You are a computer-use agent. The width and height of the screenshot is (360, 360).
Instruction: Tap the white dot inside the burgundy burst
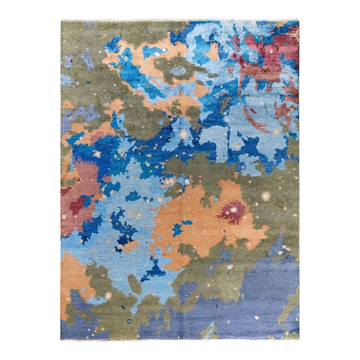(x=234, y=208)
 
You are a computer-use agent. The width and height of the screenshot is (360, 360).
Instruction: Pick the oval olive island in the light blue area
(x=134, y=283)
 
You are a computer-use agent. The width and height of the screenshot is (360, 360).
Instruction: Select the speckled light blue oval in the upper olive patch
(x=179, y=71)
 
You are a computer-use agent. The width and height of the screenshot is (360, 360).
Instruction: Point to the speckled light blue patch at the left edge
(x=67, y=80)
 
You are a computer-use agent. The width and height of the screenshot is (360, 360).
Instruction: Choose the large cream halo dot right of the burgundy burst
(x=265, y=196)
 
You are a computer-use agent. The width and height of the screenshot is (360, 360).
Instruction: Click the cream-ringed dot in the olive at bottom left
(x=108, y=296)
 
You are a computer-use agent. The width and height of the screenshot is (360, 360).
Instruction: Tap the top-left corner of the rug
(x=61, y=20)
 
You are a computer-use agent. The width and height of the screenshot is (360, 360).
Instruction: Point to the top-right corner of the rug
(x=299, y=21)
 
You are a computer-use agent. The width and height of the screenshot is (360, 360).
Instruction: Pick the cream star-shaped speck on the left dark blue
(x=96, y=154)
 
